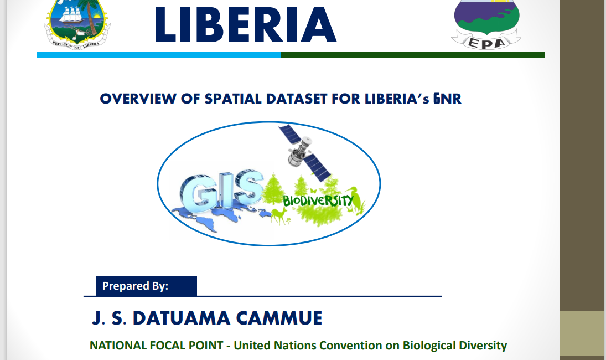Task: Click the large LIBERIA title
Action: pos(246,25)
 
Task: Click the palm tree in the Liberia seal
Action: pos(92,13)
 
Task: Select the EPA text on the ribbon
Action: pos(486,43)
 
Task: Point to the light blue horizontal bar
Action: pos(158,55)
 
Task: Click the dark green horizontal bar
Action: pos(412,55)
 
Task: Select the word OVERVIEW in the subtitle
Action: pos(138,99)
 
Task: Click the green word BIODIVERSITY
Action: pos(318,200)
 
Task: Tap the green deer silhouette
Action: pos(279,215)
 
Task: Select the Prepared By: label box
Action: pos(147,286)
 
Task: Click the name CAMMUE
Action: pos(279,318)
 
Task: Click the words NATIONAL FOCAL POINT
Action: pos(157,345)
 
